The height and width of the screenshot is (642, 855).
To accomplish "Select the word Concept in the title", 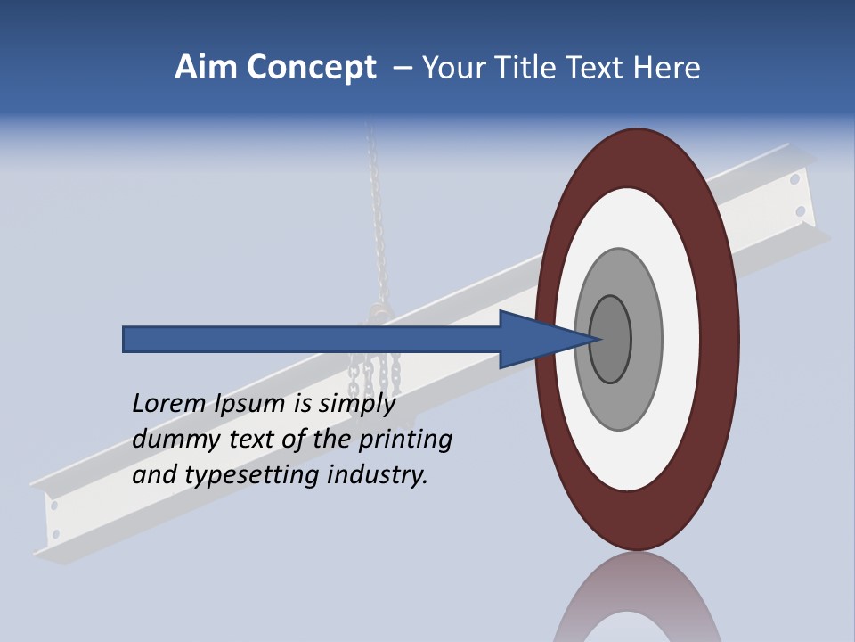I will tap(312, 69).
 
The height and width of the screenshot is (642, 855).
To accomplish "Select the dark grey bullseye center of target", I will tap(611, 340).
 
